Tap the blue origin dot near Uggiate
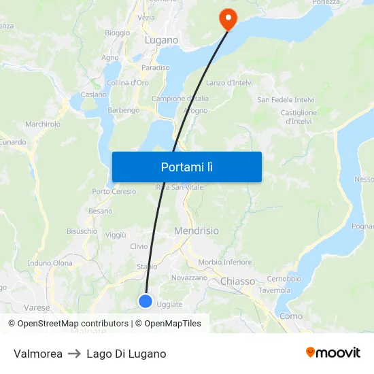(145, 301)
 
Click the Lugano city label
(161, 40)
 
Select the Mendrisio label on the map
(197, 231)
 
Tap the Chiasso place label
(237, 281)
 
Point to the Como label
(291, 316)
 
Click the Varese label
(37, 307)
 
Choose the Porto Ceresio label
(114, 192)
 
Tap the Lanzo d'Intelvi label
(229, 83)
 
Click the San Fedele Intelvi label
(286, 100)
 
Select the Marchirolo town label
(43, 124)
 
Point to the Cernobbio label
(284, 279)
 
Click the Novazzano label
(189, 278)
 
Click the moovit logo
(333, 353)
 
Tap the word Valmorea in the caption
(38, 354)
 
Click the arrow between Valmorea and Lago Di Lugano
(74, 354)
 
